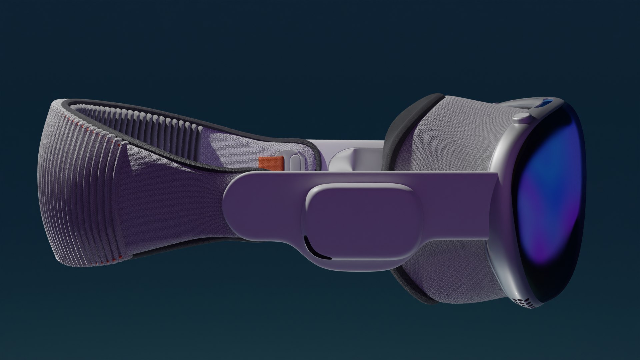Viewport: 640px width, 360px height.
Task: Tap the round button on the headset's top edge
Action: coord(521,116)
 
